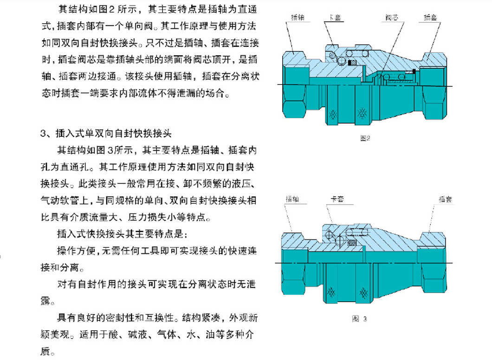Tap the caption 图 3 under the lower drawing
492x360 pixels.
coord(360,319)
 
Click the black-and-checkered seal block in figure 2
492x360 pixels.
coord(353,63)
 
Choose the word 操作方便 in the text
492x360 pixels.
coord(76,251)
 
